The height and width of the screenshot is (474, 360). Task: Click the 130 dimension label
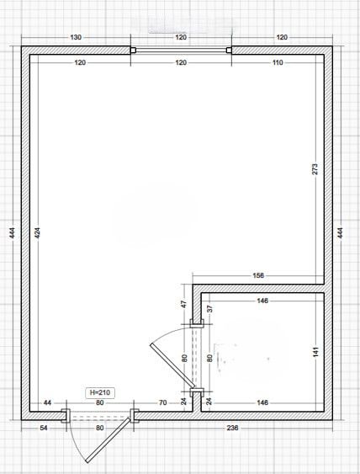(x=76, y=37)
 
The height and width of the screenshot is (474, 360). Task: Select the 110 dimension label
(x=278, y=62)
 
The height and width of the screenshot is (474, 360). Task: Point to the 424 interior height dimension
(x=38, y=232)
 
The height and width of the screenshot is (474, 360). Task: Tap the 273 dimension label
(x=315, y=169)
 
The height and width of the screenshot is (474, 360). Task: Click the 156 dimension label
(x=258, y=275)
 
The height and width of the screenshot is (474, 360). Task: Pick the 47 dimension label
(x=184, y=304)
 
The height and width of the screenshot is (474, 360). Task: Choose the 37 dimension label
(x=210, y=309)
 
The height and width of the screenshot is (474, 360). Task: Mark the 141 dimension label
(x=316, y=352)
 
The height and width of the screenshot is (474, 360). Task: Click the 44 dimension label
(x=47, y=402)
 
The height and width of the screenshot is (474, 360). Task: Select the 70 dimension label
(x=162, y=402)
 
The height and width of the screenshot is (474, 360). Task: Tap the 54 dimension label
(x=44, y=428)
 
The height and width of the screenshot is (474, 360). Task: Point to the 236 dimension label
(x=232, y=428)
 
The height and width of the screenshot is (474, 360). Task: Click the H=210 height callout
(x=100, y=392)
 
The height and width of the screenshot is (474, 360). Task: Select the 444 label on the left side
(x=12, y=232)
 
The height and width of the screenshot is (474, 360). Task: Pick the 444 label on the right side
(x=341, y=232)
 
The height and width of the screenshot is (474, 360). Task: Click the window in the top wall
(x=181, y=51)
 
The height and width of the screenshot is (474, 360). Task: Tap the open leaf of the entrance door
(x=109, y=440)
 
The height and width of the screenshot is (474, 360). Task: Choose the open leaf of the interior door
(x=172, y=366)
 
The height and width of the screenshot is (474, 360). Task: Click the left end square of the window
(x=133, y=51)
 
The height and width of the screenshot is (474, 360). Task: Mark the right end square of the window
(x=229, y=51)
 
